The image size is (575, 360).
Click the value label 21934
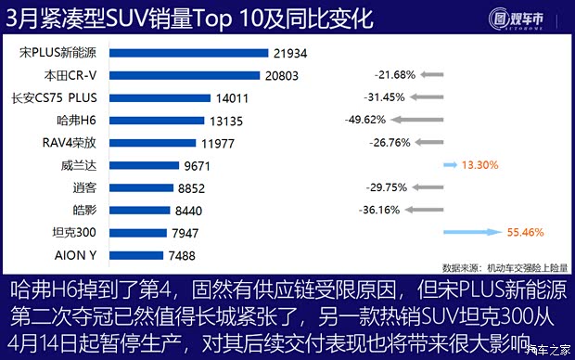(290, 54)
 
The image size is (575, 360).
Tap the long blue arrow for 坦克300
(473, 231)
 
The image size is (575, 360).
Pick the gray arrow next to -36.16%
(428, 210)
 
